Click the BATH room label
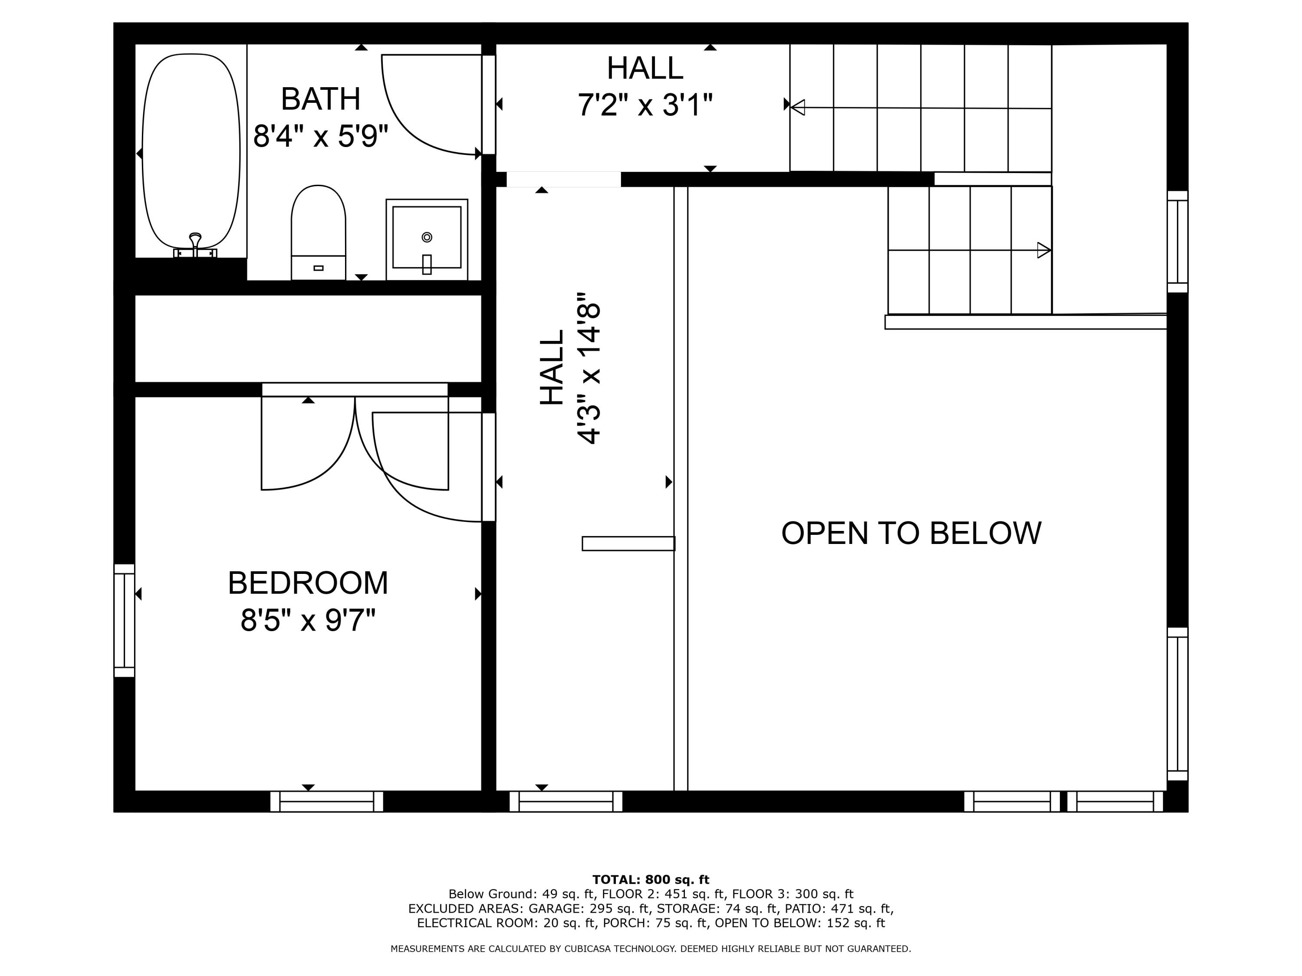pyautogui.click(x=320, y=99)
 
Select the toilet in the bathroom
pyautogui.click(x=318, y=233)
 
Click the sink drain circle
pyautogui.click(x=427, y=237)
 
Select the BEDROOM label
pyautogui.click(x=308, y=583)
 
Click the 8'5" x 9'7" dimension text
pyautogui.click(x=308, y=620)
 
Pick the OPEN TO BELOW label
pyautogui.click(x=911, y=533)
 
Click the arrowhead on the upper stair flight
pyautogui.click(x=798, y=108)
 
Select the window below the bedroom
pyautogui.click(x=327, y=801)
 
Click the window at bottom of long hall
pyautogui.click(x=566, y=801)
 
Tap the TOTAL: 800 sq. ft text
pyautogui.click(x=651, y=880)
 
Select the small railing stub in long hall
pyautogui.click(x=628, y=544)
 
